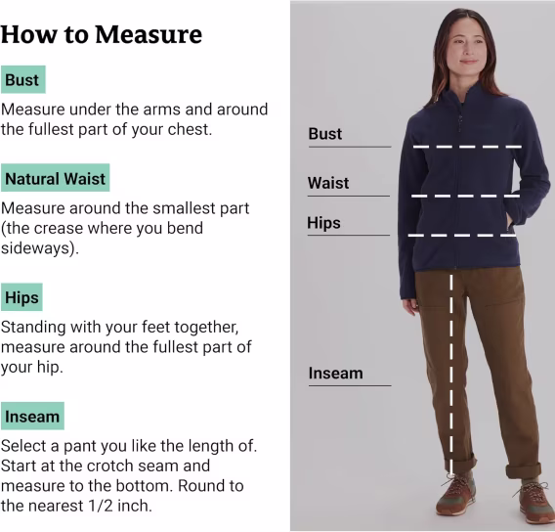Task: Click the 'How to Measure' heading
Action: point(102,34)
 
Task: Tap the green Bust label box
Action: point(23,79)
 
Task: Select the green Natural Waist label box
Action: point(56,178)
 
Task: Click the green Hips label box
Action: point(21,297)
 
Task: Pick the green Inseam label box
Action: point(32,417)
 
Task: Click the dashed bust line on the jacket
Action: point(467,147)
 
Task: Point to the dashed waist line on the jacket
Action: point(465,196)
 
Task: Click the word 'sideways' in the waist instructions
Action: point(37,248)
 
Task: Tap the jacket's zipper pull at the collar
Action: point(460,121)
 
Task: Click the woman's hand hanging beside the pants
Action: point(411,306)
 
